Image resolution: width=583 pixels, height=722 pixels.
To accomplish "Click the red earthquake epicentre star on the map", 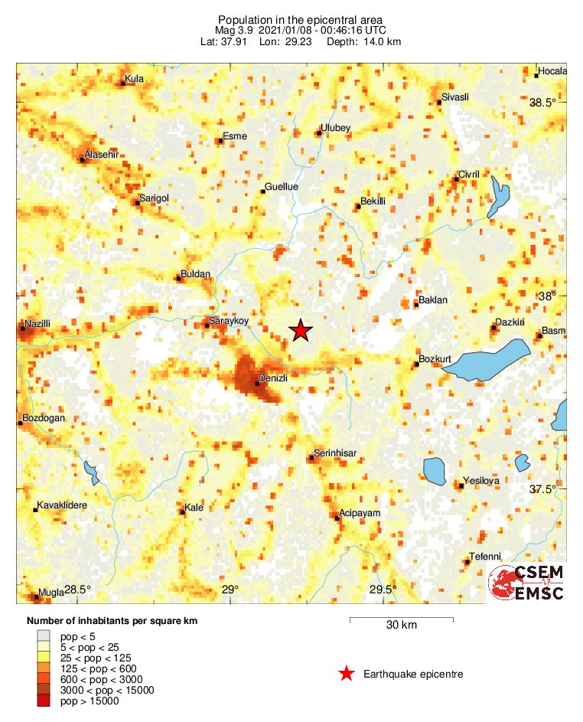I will [x=301, y=330].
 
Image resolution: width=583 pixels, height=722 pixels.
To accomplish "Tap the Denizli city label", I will [x=273, y=378].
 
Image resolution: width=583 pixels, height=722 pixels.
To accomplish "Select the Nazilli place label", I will [x=37, y=324].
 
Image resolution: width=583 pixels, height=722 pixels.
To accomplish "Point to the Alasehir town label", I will [x=102, y=154].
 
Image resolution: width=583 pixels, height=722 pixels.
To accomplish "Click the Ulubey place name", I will [x=335, y=128].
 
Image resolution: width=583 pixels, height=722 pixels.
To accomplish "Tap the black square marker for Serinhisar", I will [x=311, y=458].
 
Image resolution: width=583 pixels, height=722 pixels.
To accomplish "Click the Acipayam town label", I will [x=359, y=513].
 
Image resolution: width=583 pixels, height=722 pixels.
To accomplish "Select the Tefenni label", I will [x=485, y=557].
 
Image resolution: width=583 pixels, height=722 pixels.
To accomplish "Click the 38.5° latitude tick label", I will [x=544, y=103].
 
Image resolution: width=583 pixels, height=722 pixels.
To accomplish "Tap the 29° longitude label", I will [x=230, y=589].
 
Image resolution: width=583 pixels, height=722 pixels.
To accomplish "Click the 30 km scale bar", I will [x=401, y=617].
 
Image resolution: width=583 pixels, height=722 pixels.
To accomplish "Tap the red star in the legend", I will [x=347, y=674].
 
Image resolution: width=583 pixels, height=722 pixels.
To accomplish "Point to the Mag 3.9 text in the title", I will [x=235, y=31].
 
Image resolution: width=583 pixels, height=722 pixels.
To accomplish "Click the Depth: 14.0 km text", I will [x=363, y=41].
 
